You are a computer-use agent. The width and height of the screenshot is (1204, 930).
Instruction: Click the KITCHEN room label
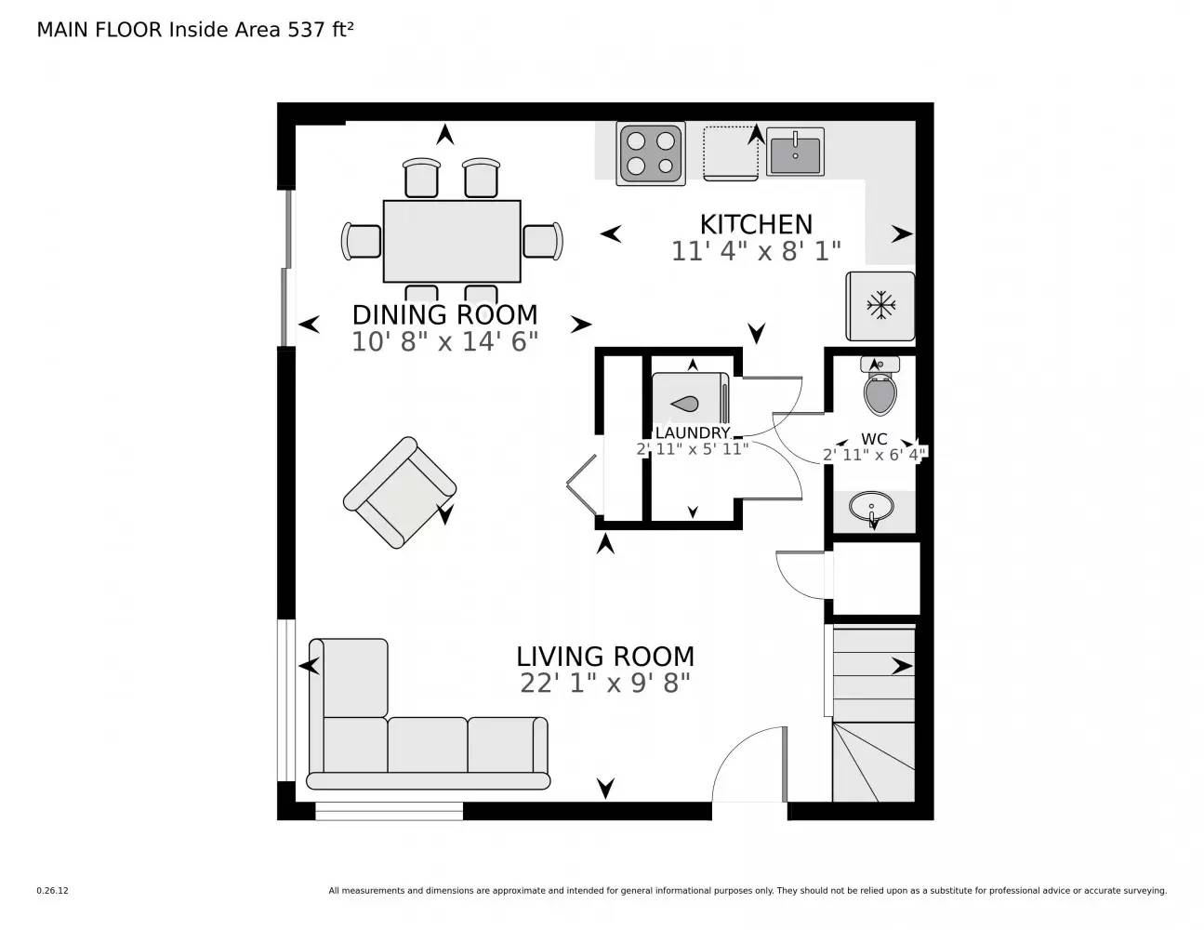click(755, 224)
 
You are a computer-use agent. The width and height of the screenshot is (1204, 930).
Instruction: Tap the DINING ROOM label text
click(444, 314)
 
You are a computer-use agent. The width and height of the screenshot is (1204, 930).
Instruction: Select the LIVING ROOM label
click(605, 657)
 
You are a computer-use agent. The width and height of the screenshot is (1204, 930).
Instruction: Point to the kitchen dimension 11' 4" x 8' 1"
click(755, 251)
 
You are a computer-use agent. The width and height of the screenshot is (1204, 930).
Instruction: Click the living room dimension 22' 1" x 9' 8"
click(605, 684)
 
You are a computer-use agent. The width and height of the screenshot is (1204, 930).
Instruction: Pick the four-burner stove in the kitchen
click(651, 153)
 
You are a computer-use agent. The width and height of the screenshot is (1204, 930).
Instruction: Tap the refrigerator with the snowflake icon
click(880, 306)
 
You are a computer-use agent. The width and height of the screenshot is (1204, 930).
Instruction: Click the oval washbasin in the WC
click(872, 509)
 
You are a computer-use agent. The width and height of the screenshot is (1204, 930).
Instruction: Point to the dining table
click(452, 241)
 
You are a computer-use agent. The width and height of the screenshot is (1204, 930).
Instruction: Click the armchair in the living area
click(400, 491)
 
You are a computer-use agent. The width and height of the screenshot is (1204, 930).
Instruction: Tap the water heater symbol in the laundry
click(688, 403)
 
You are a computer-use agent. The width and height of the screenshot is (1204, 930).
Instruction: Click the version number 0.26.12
click(53, 890)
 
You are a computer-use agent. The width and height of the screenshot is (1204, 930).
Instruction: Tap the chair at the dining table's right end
click(543, 241)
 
